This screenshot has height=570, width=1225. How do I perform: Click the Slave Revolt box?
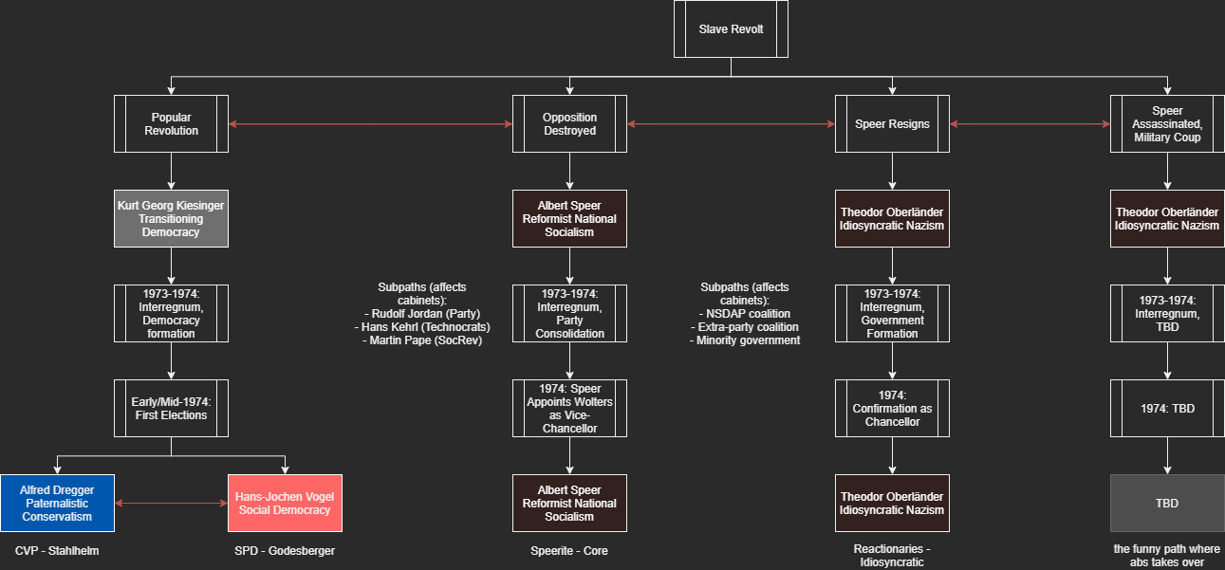pos(731,28)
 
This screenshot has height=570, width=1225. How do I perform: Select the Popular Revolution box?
pos(171,123)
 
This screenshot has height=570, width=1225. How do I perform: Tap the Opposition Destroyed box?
pos(569,123)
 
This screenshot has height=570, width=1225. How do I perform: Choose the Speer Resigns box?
pos(892,123)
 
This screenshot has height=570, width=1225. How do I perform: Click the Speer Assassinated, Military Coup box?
pos(1167,123)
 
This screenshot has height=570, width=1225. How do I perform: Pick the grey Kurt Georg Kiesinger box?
pos(171,218)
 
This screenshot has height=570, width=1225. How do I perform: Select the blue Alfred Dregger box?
pos(57,503)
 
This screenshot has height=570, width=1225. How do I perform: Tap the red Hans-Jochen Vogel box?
pos(285,503)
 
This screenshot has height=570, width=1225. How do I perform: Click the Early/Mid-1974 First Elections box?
pos(171,408)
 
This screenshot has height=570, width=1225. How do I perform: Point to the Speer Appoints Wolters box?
pos(569,408)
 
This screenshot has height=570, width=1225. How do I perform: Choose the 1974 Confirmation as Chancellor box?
pos(892,408)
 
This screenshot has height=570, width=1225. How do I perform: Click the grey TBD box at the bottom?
pos(1167,503)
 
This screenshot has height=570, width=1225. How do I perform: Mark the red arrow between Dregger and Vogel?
pos(171,503)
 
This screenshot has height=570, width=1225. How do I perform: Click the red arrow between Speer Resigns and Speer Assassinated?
pos(1030,124)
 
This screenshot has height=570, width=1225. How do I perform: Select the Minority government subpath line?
pos(744,340)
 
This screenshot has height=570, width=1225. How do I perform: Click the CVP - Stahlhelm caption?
pos(57,551)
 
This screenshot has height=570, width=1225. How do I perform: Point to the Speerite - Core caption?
pos(569,551)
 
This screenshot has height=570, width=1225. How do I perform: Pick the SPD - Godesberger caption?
pos(285,551)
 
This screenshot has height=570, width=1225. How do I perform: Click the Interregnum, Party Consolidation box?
pos(569,313)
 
